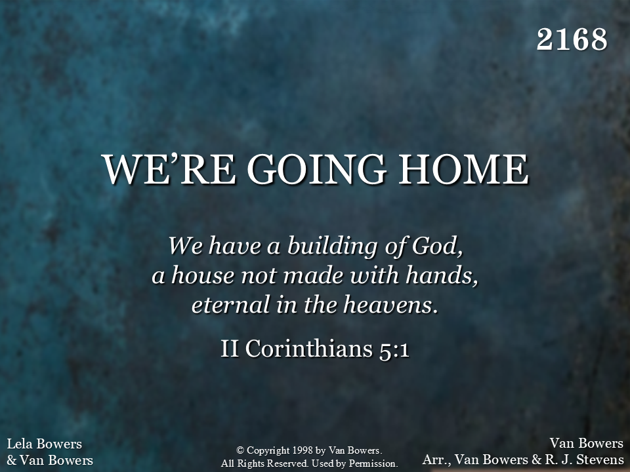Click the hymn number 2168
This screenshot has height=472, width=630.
click(x=572, y=39)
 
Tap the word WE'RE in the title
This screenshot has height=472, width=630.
click(x=169, y=169)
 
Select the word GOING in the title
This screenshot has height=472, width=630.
click(x=317, y=169)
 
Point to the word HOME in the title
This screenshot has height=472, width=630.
click(x=463, y=169)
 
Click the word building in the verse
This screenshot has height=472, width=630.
click(x=332, y=246)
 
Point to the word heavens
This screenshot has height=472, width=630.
click(x=390, y=305)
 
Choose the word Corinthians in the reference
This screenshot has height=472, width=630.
click(x=309, y=348)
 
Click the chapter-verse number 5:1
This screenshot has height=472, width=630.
click(x=394, y=349)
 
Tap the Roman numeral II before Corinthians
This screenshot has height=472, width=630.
click(x=230, y=348)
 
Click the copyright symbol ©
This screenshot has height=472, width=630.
click(x=240, y=450)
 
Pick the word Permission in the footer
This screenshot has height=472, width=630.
click(x=373, y=463)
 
